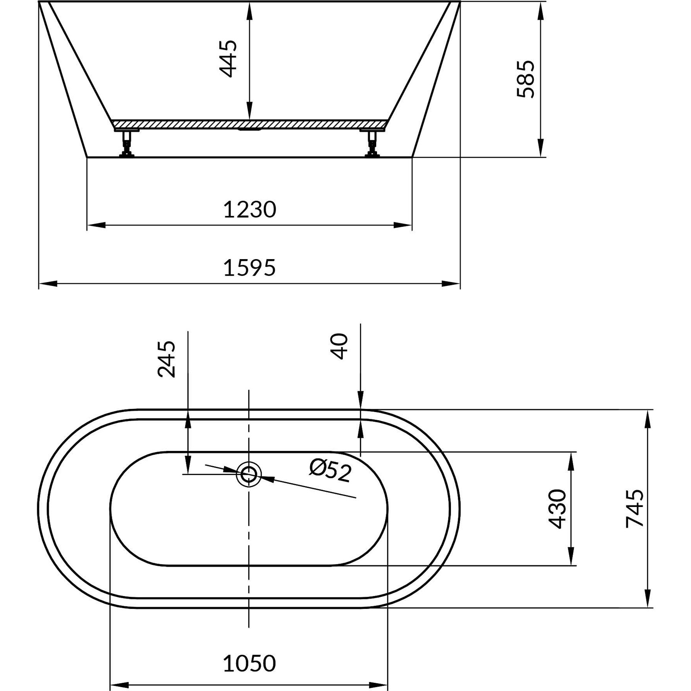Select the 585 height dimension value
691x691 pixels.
[x=526, y=79]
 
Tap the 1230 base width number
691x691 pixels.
[x=250, y=209]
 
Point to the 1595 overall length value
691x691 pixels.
[x=250, y=268]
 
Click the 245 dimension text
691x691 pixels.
[x=167, y=359]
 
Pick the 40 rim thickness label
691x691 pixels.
[x=339, y=346]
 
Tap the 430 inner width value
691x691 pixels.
[x=557, y=509]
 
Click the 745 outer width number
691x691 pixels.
[x=634, y=508]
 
